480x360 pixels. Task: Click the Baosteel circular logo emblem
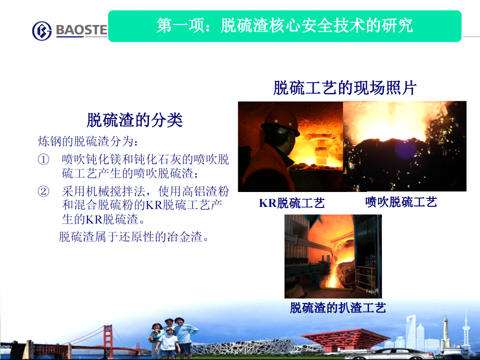coord(42,30)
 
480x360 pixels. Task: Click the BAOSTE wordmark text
coord(82,30)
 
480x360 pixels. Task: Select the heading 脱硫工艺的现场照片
coord(345,88)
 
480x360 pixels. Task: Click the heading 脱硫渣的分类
coord(135,119)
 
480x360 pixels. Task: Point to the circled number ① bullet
coord(43,159)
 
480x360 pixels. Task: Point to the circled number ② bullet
coord(43,191)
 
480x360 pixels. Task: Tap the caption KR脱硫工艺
coord(292,203)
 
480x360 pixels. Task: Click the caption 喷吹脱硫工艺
coord(401,202)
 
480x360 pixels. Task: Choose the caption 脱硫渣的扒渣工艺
coord(338,308)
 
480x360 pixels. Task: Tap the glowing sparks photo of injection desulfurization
coord(405,146)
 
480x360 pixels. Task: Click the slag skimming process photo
coord(333,256)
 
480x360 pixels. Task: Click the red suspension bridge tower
coord(108,340)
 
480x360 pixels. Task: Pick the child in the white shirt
coord(168,343)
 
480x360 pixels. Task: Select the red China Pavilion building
coord(346,339)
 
